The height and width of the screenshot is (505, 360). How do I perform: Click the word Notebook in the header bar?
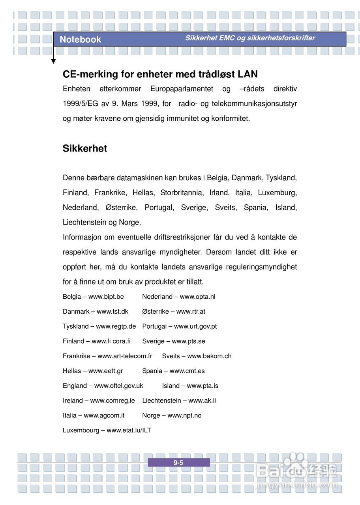coord(80,39)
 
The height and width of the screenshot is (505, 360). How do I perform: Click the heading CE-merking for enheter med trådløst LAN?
coord(160,74)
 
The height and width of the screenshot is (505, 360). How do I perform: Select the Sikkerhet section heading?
coord(85,149)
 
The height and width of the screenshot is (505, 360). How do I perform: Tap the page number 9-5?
coord(178,463)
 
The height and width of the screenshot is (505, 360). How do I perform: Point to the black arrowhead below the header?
coord(53,61)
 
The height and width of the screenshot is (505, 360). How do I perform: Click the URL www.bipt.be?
coord(106,297)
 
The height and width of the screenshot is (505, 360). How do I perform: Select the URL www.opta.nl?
coord(197,297)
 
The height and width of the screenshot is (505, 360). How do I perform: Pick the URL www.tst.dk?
coord(112,312)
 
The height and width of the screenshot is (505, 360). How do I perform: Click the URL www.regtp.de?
coord(116,326)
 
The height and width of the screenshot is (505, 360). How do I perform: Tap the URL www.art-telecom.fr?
coord(125,356)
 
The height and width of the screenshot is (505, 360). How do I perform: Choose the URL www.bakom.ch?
coord(209,356)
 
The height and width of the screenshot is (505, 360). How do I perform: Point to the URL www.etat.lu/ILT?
coord(129,430)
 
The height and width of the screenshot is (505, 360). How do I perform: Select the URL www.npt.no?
coord(184,415)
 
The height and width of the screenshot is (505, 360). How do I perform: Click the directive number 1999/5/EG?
coord(80,104)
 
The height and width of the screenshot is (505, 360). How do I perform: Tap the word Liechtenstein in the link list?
coord(161,401)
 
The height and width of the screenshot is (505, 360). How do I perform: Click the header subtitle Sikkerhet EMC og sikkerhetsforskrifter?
coord(250,38)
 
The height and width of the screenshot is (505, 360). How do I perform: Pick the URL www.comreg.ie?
coord(112,401)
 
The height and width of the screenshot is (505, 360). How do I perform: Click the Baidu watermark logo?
coord(296,471)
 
